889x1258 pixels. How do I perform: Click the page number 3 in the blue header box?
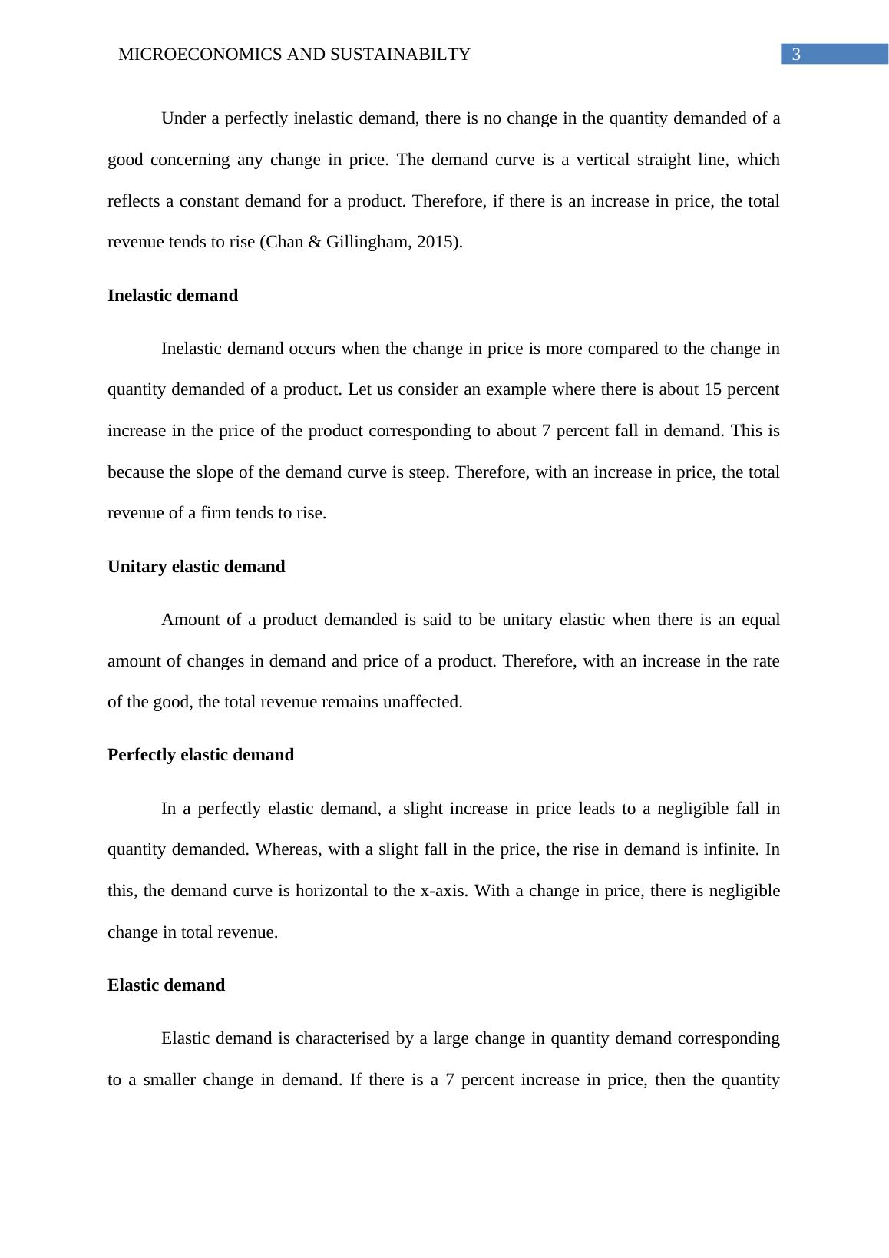[x=796, y=55]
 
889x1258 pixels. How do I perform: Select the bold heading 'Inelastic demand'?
[x=173, y=296]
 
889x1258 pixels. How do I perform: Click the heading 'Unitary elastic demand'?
[x=196, y=567]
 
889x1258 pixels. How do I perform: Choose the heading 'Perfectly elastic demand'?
[x=200, y=755]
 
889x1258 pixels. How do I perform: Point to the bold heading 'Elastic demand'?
[x=166, y=985]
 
